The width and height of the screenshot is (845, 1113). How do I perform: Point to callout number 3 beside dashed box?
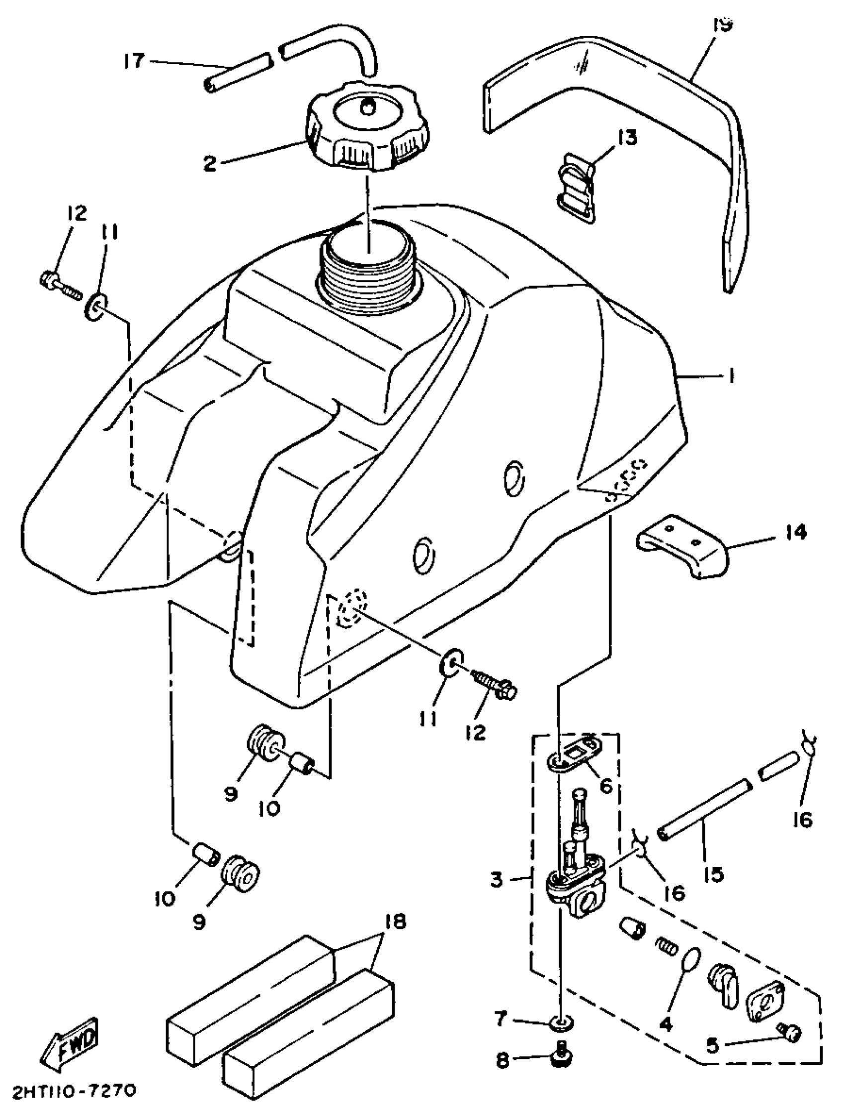tap(497, 880)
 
